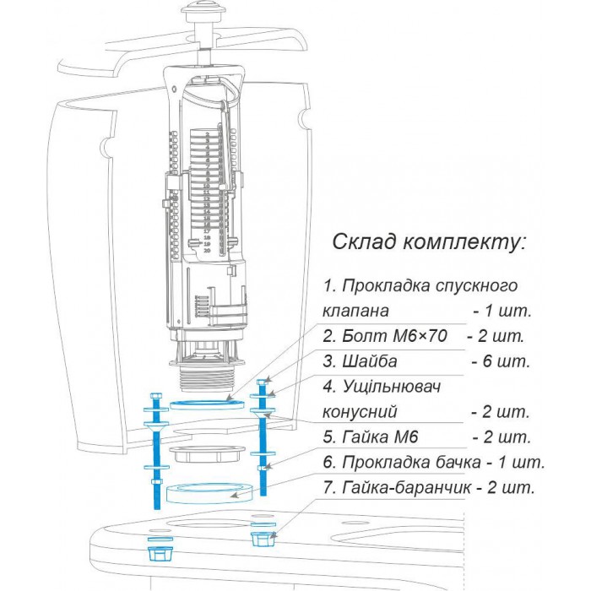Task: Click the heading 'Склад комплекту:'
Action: (429, 242)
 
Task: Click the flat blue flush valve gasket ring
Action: (207, 402)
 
